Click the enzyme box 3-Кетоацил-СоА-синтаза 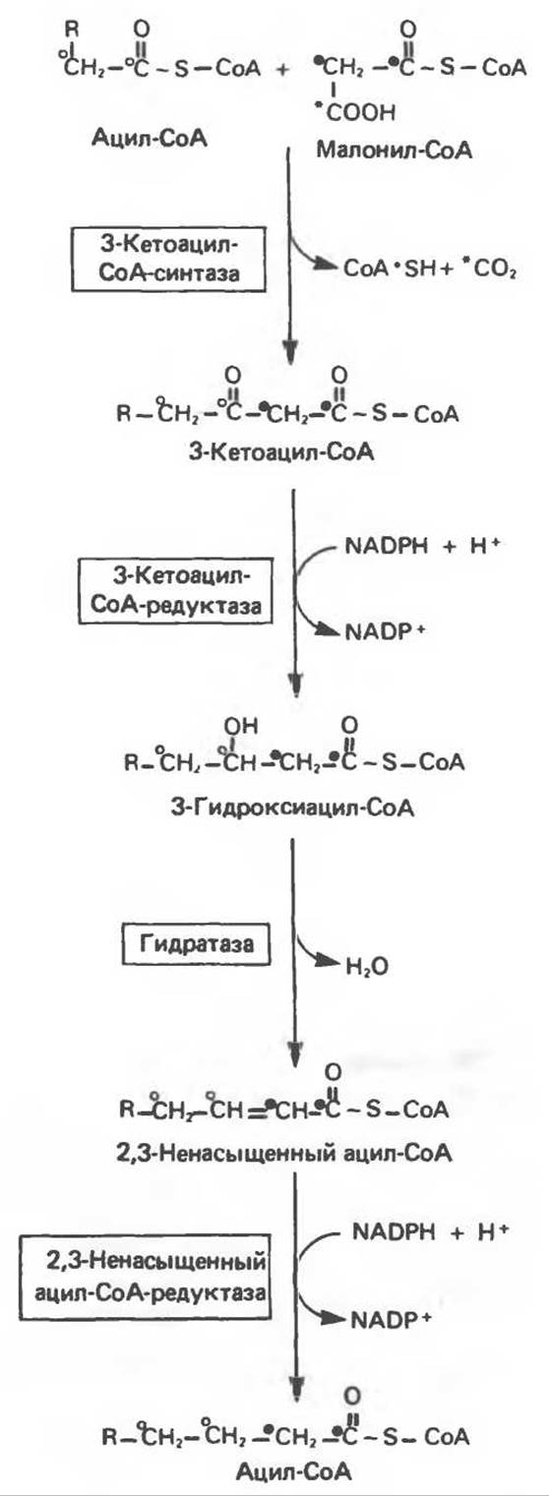169,260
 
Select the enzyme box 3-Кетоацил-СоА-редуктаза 176,591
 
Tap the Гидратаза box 197,944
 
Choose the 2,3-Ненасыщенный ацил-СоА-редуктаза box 145,1277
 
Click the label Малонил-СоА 394,150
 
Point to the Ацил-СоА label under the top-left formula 149,138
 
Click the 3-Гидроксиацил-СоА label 292,808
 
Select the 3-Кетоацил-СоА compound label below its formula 281,452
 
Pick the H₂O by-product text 367,967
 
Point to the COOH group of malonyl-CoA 358,112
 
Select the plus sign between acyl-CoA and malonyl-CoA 283,69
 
